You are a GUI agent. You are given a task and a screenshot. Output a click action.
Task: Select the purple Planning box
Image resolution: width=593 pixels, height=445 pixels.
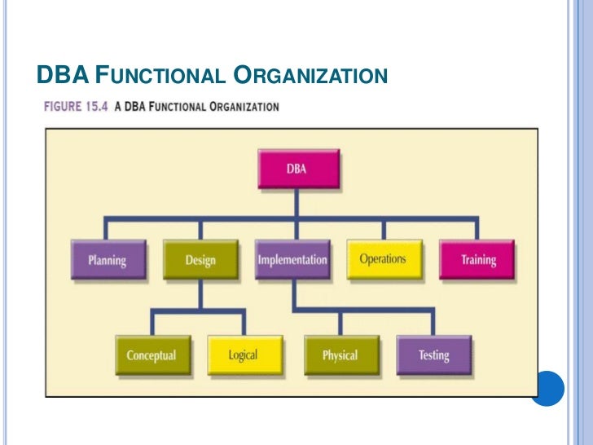click(107, 261)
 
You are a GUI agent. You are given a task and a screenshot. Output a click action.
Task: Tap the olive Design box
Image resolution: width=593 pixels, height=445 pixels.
click(200, 261)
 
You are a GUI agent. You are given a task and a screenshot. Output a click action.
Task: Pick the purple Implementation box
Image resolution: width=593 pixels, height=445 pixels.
click(292, 261)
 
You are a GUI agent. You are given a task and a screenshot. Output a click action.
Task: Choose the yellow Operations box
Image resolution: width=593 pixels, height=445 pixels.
click(383, 259)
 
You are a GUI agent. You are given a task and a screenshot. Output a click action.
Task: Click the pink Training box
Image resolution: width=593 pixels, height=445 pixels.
click(477, 261)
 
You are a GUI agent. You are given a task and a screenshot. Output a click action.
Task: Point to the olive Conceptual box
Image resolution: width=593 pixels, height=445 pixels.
click(151, 355)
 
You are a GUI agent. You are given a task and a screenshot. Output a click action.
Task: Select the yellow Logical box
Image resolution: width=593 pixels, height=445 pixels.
click(243, 355)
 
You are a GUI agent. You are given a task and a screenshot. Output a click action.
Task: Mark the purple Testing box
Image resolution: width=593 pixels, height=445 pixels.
click(433, 355)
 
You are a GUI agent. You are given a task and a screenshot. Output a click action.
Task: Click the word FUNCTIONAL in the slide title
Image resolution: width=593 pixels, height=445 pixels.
click(159, 77)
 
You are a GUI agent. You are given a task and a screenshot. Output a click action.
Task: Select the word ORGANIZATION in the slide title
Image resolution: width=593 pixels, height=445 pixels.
click(310, 77)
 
